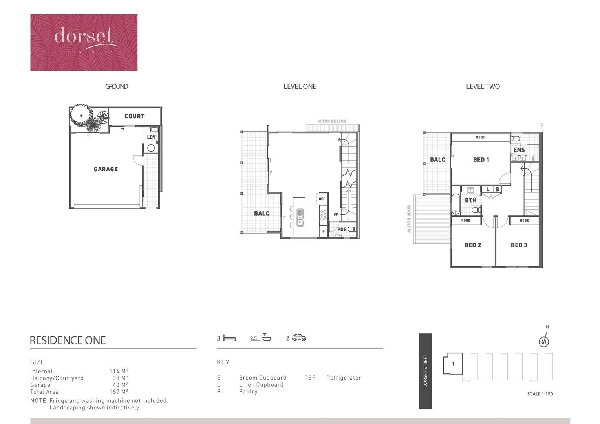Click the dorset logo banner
(84, 42)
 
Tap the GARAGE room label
(106, 169)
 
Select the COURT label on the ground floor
(134, 116)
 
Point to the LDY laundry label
(151, 137)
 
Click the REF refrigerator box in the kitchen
(322, 199)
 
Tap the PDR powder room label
(342, 230)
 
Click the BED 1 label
(481, 160)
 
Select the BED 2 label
(473, 245)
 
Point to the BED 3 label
(519, 245)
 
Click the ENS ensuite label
(519, 150)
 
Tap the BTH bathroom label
(470, 200)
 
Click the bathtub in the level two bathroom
(455, 204)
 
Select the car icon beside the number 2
(299, 338)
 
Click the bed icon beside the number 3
(229, 338)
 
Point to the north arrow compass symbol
(544, 341)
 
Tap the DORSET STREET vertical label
(425, 371)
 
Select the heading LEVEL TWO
(483, 87)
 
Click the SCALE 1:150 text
(540, 394)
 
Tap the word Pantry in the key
(248, 392)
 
